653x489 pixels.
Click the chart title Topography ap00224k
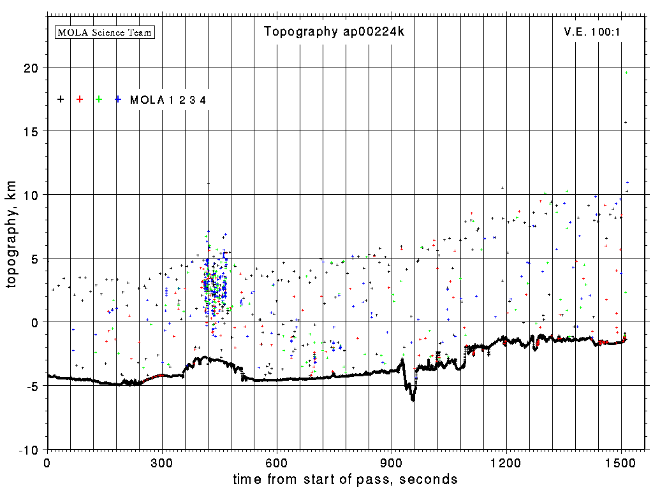point(334,32)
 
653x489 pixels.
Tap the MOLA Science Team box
point(105,32)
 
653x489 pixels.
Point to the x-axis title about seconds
point(345,479)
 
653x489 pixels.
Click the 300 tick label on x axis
point(162,462)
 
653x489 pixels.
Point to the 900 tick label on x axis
point(392,462)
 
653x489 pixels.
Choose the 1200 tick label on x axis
point(506,462)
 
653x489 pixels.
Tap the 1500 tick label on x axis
point(621,462)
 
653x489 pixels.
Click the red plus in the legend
point(80,99)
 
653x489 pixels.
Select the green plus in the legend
point(99,99)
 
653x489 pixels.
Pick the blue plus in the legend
point(118,99)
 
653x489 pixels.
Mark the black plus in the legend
point(61,99)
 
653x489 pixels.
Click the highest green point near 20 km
point(627,73)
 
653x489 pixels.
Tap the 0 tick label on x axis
point(47,462)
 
